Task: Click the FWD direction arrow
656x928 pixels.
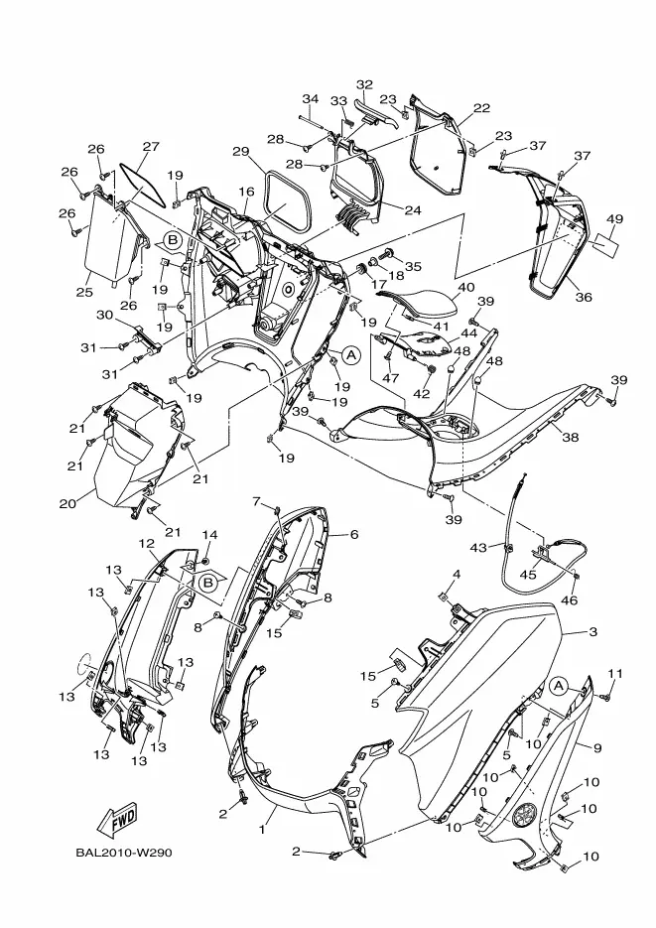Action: click(116, 821)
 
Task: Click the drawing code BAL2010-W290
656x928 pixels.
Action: click(127, 852)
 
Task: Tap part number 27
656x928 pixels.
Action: click(150, 147)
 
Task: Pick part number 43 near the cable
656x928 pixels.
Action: click(478, 547)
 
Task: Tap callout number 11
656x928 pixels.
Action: click(614, 674)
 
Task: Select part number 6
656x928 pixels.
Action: click(353, 534)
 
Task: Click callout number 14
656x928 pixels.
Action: click(209, 535)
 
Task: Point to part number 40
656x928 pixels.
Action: click(465, 288)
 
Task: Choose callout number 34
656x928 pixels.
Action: click(311, 99)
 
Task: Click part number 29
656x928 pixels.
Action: click(240, 152)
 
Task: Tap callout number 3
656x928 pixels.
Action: click(592, 631)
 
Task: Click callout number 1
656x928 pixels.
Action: click(264, 826)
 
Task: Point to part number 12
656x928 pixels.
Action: click(146, 545)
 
